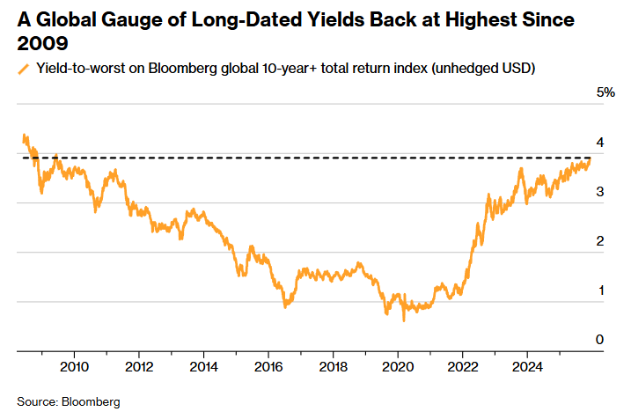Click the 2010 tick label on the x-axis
pyautogui.click(x=74, y=366)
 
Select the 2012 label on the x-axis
pyautogui.click(x=139, y=366)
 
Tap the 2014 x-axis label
pyautogui.click(x=203, y=366)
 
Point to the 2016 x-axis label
pyautogui.click(x=268, y=366)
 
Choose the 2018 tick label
pyautogui.click(x=333, y=366)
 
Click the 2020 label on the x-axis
pyautogui.click(x=397, y=366)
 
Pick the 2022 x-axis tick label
pyautogui.click(x=462, y=366)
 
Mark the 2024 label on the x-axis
pyautogui.click(x=526, y=366)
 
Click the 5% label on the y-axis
pyautogui.click(x=605, y=92)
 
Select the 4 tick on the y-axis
pyautogui.click(x=600, y=142)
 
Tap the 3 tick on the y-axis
pyautogui.click(x=600, y=191)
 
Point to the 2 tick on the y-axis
pyautogui.click(x=600, y=240)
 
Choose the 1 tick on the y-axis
pyautogui.click(x=600, y=290)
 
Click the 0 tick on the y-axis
pyautogui.click(x=600, y=340)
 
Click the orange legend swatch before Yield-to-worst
pyautogui.click(x=23, y=68)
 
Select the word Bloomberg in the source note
pyautogui.click(x=90, y=401)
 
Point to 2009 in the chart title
pyautogui.click(x=38, y=42)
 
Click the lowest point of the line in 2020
pyautogui.click(x=404, y=320)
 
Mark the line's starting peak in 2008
pyautogui.click(x=24, y=136)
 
